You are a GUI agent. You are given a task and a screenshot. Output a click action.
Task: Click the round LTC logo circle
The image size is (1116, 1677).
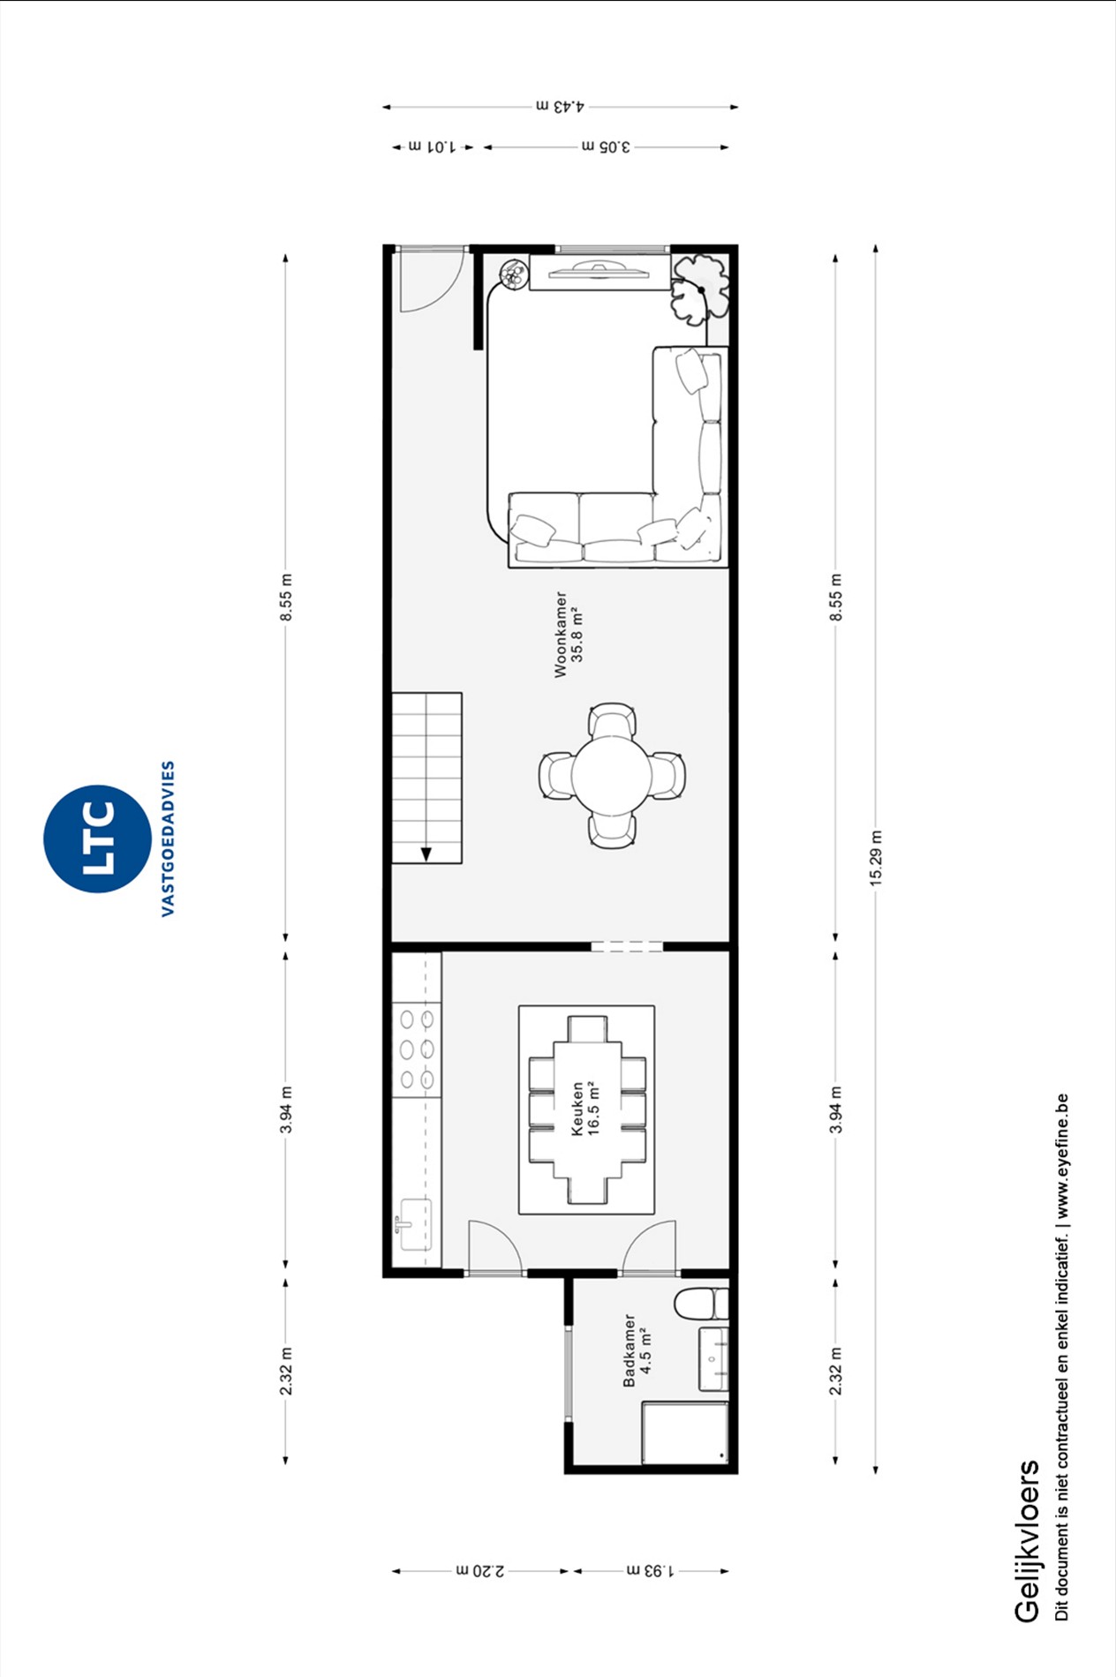pyautogui.click(x=97, y=838)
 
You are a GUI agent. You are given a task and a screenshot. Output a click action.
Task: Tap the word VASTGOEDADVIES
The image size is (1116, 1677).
pyautogui.click(x=168, y=838)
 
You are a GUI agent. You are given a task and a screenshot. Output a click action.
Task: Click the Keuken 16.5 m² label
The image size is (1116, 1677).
pyautogui.click(x=584, y=1108)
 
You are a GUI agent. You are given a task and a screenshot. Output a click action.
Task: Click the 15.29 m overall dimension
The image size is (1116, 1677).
pyautogui.click(x=875, y=858)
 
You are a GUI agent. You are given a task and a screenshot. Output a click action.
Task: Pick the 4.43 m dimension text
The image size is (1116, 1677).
pyautogui.click(x=560, y=106)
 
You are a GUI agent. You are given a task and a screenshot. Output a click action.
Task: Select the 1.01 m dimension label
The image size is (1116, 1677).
pyautogui.click(x=432, y=147)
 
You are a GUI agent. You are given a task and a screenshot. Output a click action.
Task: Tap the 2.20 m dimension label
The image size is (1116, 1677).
pyautogui.click(x=481, y=1570)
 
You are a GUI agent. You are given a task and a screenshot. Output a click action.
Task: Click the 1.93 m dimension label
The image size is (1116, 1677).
pyautogui.click(x=650, y=1570)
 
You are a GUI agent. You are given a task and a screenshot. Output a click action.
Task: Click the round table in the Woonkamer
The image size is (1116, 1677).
pyautogui.click(x=612, y=776)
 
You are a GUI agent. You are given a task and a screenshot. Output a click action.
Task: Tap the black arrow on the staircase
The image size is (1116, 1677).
pyautogui.click(x=426, y=854)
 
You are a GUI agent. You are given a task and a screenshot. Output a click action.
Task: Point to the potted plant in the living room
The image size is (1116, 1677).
pyautogui.click(x=699, y=288)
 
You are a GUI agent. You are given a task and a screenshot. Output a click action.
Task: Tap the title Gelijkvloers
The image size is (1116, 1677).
pyautogui.click(x=1026, y=1540)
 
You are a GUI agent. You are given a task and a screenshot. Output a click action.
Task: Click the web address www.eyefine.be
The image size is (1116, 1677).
pyautogui.click(x=1062, y=1156)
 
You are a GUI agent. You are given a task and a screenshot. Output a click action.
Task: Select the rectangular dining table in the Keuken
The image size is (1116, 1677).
pyautogui.click(x=587, y=1109)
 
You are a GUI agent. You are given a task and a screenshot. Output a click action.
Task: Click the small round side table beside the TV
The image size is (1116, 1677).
pyautogui.click(x=512, y=274)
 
